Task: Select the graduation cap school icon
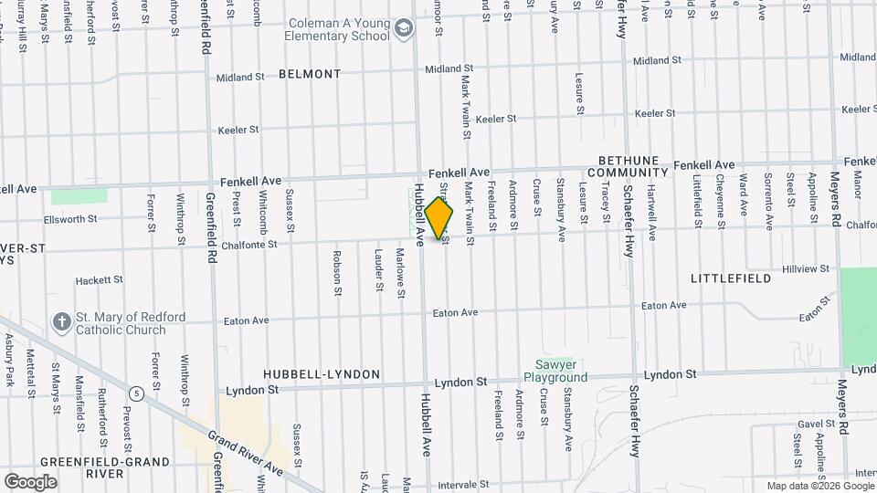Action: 403,31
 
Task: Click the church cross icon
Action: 61,322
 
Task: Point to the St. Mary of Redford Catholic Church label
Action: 130,323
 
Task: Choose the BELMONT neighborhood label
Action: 310,74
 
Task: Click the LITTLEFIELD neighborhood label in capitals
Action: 725,278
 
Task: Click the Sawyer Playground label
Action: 555,371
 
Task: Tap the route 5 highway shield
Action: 136,393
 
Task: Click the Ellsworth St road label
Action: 68,220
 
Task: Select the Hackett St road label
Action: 99,280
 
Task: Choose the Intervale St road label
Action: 463,484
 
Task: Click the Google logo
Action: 30,481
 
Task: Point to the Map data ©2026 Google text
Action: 819,486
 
